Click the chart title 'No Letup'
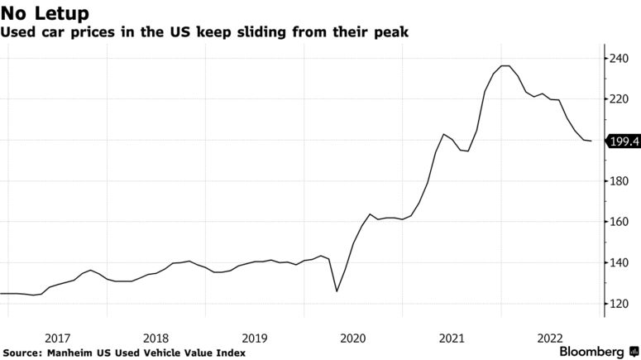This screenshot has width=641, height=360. (x=45, y=13)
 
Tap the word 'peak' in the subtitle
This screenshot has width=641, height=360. (x=392, y=33)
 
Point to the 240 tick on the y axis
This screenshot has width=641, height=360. (x=620, y=58)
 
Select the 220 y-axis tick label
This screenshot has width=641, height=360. (x=620, y=99)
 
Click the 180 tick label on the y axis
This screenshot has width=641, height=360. (x=620, y=181)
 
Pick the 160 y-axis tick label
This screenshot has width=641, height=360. (x=620, y=222)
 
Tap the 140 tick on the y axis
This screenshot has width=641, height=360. (x=620, y=263)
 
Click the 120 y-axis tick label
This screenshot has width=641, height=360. (x=620, y=304)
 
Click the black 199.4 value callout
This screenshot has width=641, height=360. (x=624, y=142)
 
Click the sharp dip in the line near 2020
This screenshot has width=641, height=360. (x=336, y=291)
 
